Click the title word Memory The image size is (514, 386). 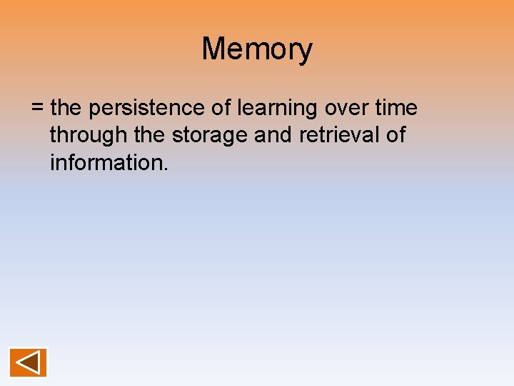[x=257, y=49]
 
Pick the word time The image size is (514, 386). [x=398, y=109]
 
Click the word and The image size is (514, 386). [x=273, y=136]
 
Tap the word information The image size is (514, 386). [x=107, y=163]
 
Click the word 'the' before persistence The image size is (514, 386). [x=67, y=109]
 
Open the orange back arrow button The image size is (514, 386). [x=28, y=362]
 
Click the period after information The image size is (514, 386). [x=166, y=169]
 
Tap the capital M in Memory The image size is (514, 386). [x=213, y=49]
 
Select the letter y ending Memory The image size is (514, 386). [x=306, y=51]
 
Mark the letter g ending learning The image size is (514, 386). [x=311, y=112]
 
